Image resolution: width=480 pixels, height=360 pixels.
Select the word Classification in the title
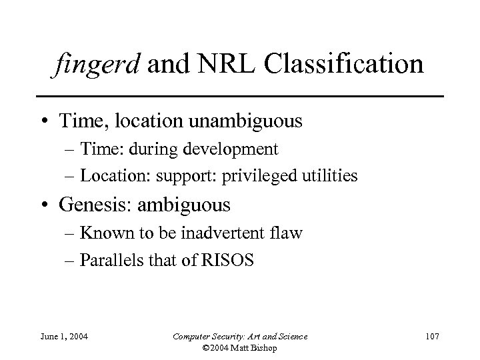(x=345, y=66)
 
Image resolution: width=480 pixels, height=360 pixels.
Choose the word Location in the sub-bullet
(x=104, y=176)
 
